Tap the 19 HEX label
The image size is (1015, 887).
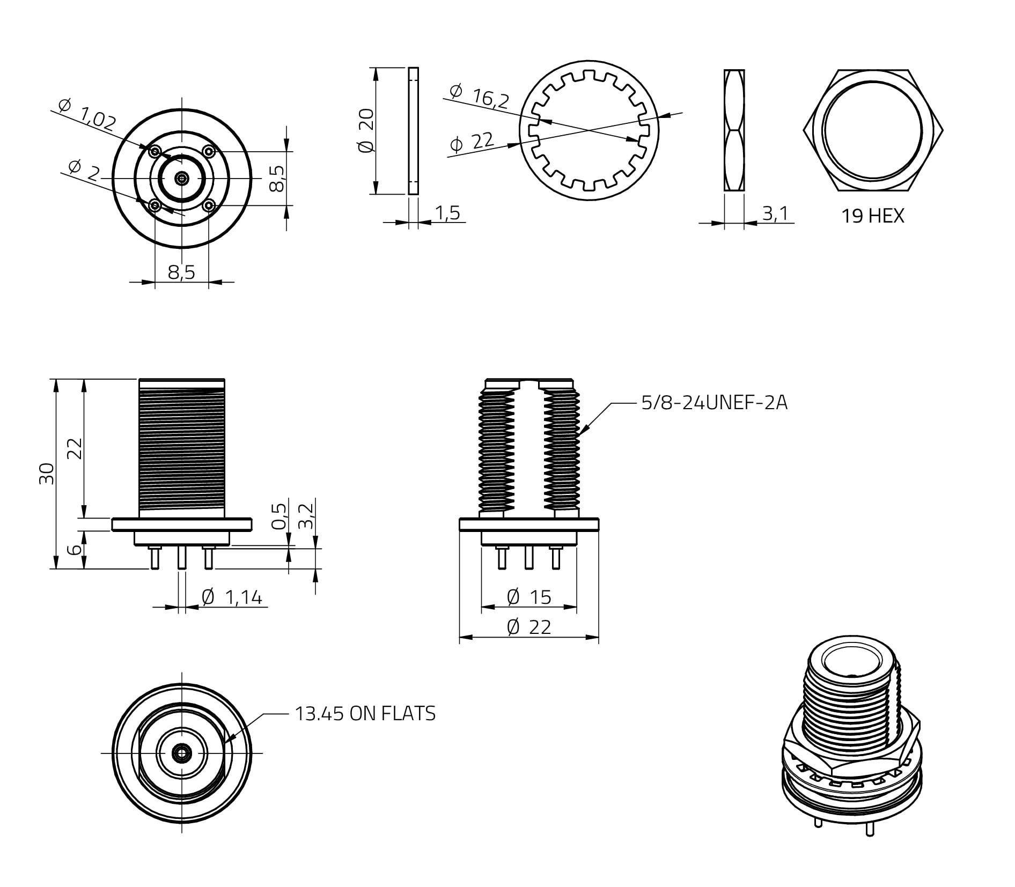point(872,216)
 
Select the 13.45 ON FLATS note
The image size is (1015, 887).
point(365,713)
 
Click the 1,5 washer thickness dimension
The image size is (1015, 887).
point(447,213)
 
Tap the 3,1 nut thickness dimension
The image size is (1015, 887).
point(775,213)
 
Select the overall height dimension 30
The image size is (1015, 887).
point(47,473)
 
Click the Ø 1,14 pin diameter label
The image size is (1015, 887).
point(232,597)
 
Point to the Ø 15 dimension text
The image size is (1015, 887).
point(529,597)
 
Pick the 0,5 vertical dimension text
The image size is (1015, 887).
point(279,516)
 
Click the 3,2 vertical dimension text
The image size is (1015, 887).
point(306,516)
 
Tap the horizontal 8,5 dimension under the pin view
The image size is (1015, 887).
point(181,272)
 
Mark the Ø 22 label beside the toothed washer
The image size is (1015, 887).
point(472,142)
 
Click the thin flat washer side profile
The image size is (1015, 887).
point(413,131)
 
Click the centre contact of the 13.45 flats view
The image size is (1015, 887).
point(182,753)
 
